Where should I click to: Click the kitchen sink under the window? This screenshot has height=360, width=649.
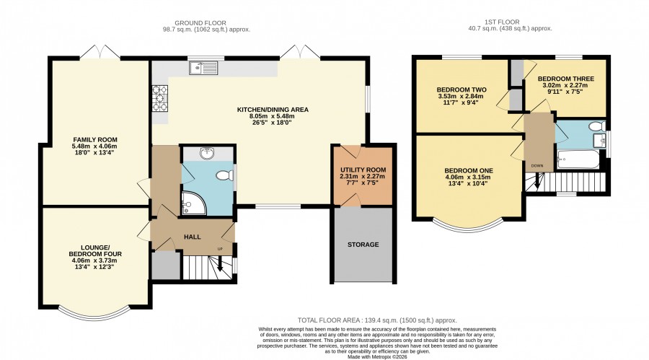click(203, 68)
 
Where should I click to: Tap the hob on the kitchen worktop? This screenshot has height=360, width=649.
click(160, 98)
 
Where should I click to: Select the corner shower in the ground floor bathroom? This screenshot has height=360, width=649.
click(193, 203)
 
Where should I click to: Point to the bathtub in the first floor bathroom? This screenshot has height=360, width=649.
click(578, 160)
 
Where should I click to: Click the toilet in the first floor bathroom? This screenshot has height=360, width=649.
click(597, 126)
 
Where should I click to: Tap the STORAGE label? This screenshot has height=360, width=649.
click(363, 245)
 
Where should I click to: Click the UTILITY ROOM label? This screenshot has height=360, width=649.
click(363, 170)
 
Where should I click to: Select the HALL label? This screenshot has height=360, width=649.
click(193, 237)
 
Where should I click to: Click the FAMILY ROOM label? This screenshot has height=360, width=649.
click(95, 140)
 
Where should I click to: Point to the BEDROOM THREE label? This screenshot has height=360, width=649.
click(566, 79)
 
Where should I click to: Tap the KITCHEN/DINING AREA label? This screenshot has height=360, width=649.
click(273, 110)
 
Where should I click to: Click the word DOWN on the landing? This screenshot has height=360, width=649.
click(537, 166)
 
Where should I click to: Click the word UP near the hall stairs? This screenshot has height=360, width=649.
click(220, 249)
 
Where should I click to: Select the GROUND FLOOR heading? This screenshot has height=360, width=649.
click(200, 23)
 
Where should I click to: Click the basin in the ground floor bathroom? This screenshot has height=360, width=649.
click(207, 153)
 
